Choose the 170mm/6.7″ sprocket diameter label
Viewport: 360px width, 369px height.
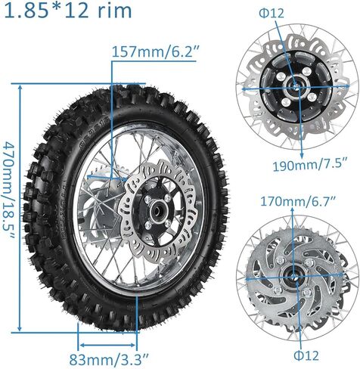coord(279,201)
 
